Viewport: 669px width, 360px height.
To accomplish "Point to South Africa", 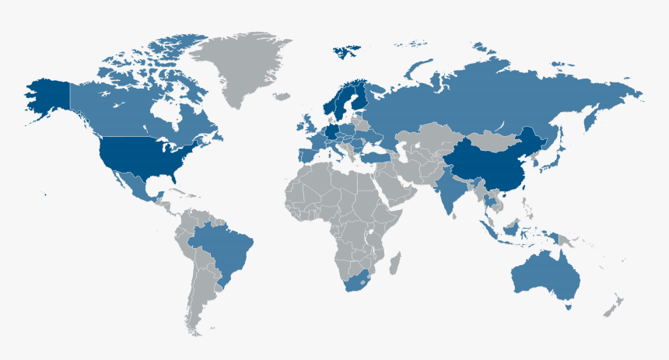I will (x=359, y=281).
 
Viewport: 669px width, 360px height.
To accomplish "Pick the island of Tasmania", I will (x=569, y=307).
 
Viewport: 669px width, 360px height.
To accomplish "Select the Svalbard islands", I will (x=346, y=53).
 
